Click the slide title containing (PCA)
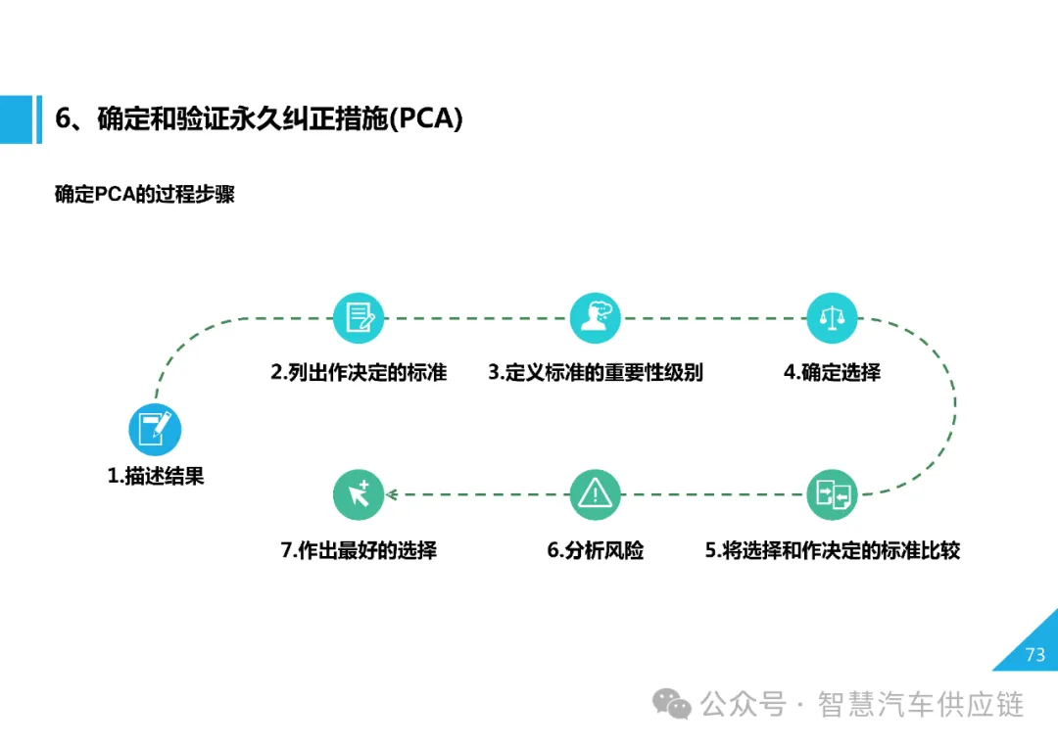(259, 119)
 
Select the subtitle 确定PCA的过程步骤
(144, 194)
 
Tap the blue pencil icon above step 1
(155, 429)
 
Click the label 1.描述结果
(156, 477)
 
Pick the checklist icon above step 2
(358, 317)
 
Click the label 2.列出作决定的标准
(359, 372)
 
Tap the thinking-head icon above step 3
(596, 317)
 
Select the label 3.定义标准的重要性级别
(596, 372)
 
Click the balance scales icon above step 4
(832, 317)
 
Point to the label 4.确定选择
(832, 372)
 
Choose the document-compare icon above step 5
(832, 494)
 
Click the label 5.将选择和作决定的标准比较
(832, 550)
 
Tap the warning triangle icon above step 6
(596, 494)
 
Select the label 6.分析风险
(596, 550)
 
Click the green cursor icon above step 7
(358, 494)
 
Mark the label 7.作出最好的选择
(359, 550)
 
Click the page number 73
(1034, 655)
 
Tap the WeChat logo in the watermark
(673, 703)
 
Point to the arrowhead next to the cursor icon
(391, 494)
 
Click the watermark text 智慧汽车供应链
(921, 704)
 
